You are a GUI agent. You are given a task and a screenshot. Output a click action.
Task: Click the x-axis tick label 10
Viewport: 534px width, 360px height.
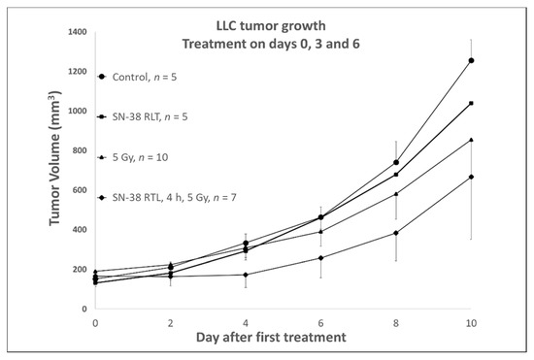pos(471,320)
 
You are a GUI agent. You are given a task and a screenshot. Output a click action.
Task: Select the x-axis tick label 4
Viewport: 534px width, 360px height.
pos(246,320)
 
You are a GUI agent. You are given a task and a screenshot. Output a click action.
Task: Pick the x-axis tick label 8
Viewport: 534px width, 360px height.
pos(396,320)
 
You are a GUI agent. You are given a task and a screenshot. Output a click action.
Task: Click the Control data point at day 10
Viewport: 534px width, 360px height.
pos(471,60)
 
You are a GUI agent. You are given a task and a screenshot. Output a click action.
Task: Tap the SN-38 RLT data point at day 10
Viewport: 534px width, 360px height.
pos(471,103)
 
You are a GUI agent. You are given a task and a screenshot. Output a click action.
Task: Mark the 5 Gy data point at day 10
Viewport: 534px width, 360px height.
pos(471,140)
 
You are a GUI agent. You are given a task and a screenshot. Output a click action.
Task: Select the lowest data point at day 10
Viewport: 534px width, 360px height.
pos(471,177)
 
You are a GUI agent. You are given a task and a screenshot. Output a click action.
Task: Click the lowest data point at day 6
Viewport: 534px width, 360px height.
pos(320,257)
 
